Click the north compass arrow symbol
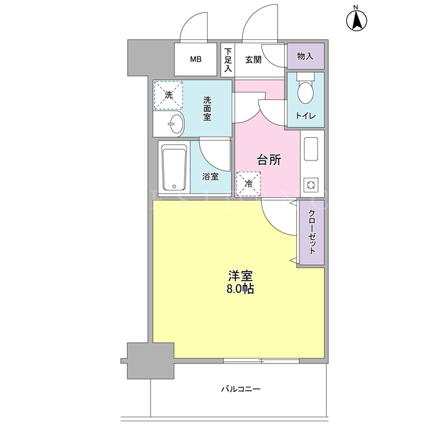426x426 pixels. (x=356, y=20)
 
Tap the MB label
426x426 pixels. (x=196, y=59)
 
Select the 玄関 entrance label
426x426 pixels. (x=253, y=60)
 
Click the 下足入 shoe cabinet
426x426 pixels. (x=228, y=60)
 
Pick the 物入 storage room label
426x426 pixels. (x=305, y=57)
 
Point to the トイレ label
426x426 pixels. (x=306, y=116)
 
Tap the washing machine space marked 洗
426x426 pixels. (x=168, y=95)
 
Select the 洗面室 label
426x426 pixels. (x=207, y=108)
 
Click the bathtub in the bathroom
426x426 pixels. (x=174, y=168)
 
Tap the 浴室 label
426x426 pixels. (x=210, y=176)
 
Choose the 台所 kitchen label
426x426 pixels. (x=269, y=160)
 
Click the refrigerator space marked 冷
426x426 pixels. (x=248, y=184)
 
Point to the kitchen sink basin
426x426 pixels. (x=311, y=149)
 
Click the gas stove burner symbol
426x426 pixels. (x=311, y=185)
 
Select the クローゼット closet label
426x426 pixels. (x=312, y=232)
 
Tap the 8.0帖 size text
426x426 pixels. (x=240, y=289)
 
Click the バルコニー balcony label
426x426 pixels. (x=241, y=389)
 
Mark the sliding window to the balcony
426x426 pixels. (x=261, y=361)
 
